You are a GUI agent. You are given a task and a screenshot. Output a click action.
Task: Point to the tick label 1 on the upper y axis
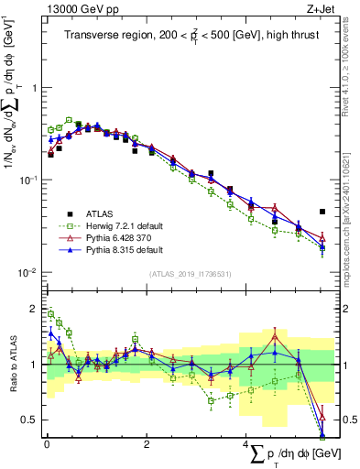point(31,89)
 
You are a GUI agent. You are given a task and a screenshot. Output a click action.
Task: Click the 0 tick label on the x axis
point(47,443)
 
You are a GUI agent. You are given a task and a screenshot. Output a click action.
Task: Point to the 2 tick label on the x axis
point(147,443)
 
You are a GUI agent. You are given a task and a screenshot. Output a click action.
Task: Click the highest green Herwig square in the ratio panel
point(51,314)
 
